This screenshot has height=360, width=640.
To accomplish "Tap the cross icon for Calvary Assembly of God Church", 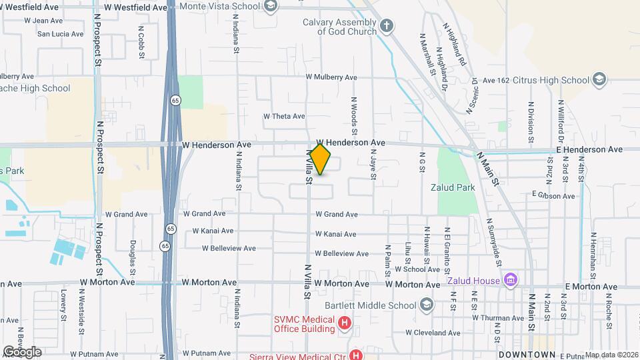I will pyautogui.click(x=386, y=27).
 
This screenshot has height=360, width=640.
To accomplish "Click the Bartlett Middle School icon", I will pyautogui.click(x=426, y=305).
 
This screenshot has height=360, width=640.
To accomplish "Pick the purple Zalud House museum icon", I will pyautogui.click(x=511, y=279).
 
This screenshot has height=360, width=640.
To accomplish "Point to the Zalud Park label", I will pyautogui.click(x=453, y=188).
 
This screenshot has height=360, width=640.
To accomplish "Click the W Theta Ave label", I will pyautogui.click(x=284, y=116).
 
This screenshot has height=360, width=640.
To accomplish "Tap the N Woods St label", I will pyautogui.click(x=354, y=113).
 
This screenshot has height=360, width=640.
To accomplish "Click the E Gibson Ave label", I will pyautogui.click(x=553, y=195).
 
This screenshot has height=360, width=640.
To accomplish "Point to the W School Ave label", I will pyautogui.click(x=417, y=270).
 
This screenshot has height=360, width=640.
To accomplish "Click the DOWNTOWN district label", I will pyautogui.click(x=527, y=354).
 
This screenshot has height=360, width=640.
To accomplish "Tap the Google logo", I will pyautogui.click(x=21, y=352).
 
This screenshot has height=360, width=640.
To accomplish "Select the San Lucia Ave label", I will pyautogui.click(x=60, y=33).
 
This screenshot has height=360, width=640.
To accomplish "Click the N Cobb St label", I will pyautogui.click(x=141, y=43).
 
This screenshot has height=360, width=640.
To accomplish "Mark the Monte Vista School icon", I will pyautogui.click(x=270, y=7).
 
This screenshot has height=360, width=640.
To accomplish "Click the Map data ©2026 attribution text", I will pyautogui.click(x=611, y=355).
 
